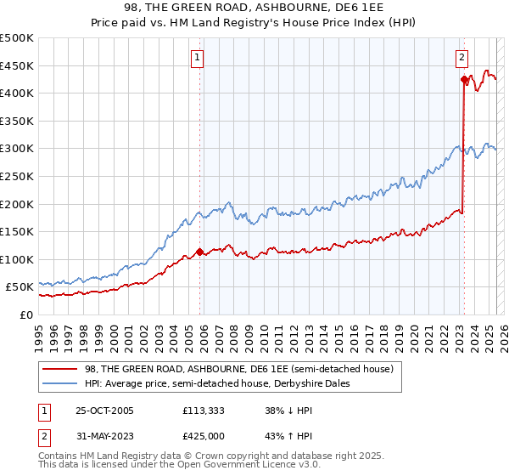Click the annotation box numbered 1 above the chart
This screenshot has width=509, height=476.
[197, 58]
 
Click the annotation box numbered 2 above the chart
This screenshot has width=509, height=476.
[461, 58]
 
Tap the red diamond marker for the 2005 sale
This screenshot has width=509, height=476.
[200, 252]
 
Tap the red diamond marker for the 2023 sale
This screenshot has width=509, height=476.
[464, 80]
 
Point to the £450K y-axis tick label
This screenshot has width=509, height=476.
[18, 65]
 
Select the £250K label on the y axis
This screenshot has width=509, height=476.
[18, 176]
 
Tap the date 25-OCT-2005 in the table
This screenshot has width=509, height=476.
[104, 411]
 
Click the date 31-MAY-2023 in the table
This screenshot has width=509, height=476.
[104, 436]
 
